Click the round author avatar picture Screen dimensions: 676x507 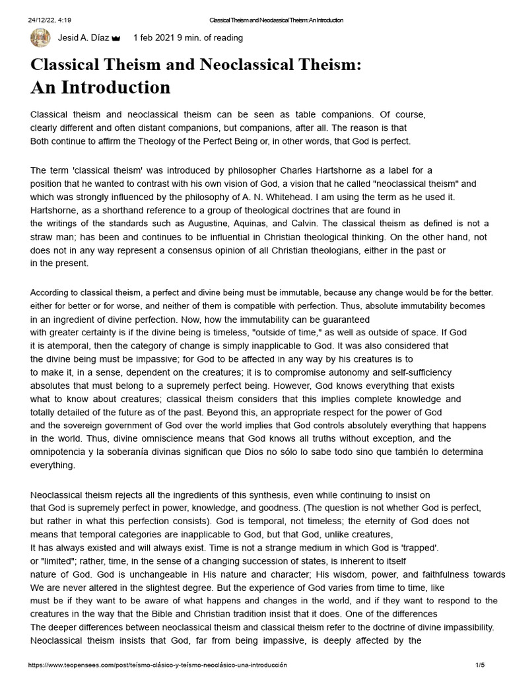[40, 38]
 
